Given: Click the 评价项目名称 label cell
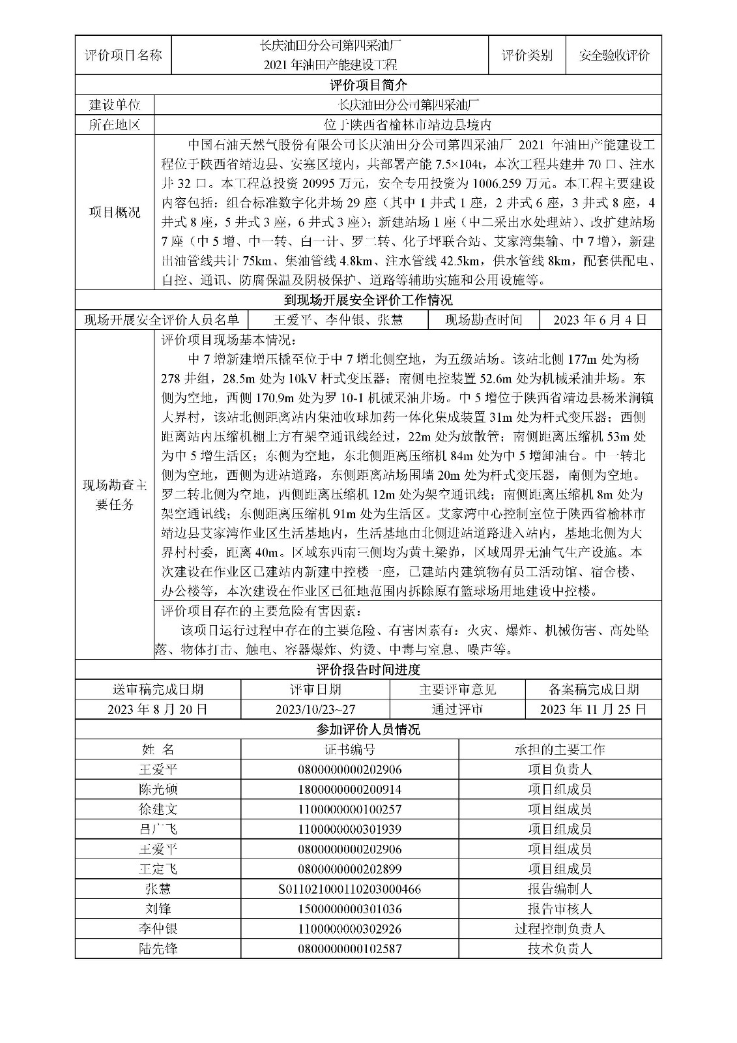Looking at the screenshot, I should click(124, 55).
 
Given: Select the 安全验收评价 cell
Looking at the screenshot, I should click(614, 55).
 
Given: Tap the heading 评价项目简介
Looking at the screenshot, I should click(368, 85).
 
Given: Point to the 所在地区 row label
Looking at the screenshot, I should click(114, 125).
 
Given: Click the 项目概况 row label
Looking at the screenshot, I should click(114, 212).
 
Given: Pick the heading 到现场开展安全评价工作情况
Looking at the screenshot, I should click(368, 300).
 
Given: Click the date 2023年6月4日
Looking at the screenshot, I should click(600, 319).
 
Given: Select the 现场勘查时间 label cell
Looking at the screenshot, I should click(484, 319).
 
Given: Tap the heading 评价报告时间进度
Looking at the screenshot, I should click(368, 669).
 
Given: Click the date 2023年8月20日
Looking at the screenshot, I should click(158, 709).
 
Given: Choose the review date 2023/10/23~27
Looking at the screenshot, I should click(315, 709).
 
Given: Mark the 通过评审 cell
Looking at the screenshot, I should click(457, 709).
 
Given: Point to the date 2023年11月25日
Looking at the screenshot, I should click(593, 709).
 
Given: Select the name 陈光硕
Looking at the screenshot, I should click(158, 789).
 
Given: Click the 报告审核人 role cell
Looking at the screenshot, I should click(560, 909).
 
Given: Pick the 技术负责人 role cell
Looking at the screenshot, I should click(560, 948).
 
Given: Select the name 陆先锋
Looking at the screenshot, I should click(158, 948).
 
